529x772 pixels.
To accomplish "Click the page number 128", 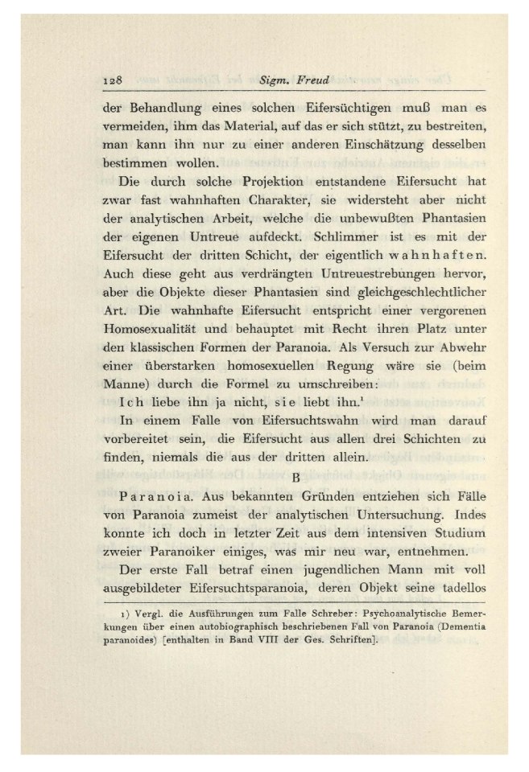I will point(112,82).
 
